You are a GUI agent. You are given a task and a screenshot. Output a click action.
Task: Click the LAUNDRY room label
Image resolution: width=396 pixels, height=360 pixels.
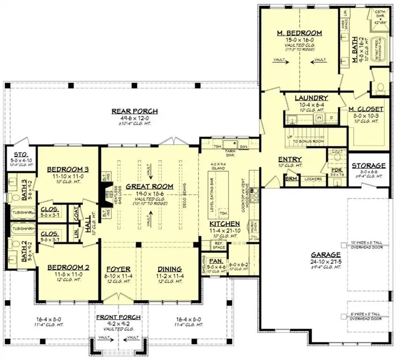coord(311,98)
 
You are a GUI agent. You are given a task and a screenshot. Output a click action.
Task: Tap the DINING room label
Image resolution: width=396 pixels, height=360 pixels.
coord(169,269)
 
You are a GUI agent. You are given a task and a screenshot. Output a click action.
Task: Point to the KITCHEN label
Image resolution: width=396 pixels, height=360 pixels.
coord(225,225)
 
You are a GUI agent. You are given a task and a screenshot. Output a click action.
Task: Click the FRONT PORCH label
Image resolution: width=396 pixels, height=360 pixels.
coord(118,318)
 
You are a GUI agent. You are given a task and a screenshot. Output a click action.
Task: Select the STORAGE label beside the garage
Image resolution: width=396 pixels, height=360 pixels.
coord(369,165)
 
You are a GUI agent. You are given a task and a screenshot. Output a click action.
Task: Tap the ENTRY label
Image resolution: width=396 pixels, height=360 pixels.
coord(289,159)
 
